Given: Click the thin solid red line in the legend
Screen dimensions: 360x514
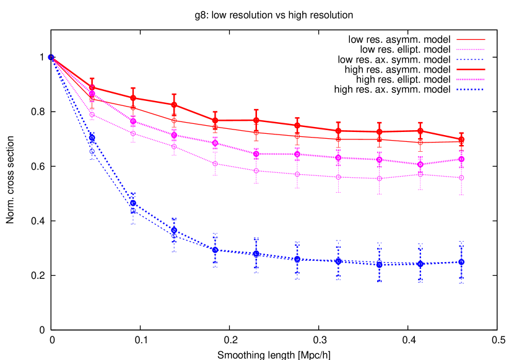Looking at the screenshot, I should point(471,40).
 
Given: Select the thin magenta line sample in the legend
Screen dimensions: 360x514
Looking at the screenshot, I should point(471,50).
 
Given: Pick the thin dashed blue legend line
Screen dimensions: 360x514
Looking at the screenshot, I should point(471,59).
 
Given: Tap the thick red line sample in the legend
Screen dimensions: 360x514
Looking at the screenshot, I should point(471,69).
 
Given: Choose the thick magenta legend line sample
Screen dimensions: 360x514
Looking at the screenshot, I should point(471,79).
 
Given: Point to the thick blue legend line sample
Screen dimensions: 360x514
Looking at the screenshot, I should point(471,89).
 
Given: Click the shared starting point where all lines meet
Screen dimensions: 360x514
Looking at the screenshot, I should point(51,57).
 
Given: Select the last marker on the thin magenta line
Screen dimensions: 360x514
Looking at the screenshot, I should point(461,178).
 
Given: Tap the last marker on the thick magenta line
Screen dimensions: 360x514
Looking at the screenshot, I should point(461,159).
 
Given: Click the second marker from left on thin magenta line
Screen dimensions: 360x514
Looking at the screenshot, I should point(92,115).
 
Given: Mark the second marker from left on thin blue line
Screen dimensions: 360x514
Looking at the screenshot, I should point(92,151).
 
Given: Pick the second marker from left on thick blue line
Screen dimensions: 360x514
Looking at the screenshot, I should point(92,138).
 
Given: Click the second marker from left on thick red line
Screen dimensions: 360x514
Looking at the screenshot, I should point(92,87).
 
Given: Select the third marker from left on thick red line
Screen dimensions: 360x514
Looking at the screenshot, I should point(133,98).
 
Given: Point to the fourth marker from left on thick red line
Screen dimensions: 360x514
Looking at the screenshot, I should point(174,104).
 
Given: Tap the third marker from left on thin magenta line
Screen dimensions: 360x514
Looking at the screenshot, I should point(133,133).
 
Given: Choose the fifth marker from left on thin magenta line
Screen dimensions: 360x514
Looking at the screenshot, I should point(215,164).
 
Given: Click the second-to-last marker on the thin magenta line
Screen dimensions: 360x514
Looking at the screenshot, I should point(420,174).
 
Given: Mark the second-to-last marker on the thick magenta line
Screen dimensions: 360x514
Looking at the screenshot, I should point(420,164).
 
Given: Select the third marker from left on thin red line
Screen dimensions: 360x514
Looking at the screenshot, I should point(133,108).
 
